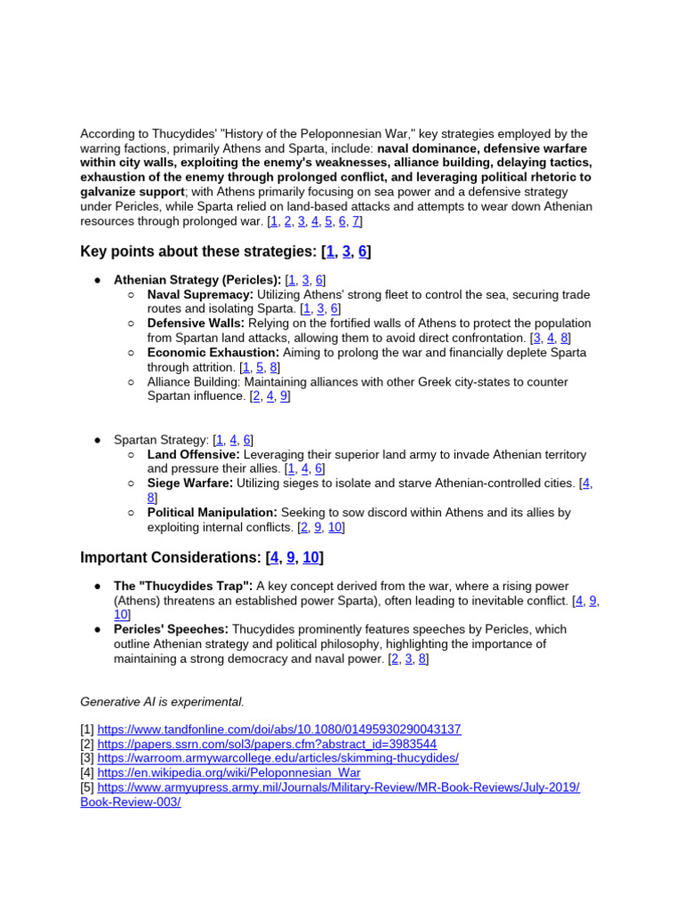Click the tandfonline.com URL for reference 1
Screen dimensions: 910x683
(278, 730)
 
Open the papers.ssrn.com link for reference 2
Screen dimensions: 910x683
(267, 744)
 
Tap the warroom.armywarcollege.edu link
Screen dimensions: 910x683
(277, 758)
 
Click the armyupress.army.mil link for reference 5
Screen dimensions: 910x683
(338, 787)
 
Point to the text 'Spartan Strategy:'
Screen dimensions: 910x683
(162, 440)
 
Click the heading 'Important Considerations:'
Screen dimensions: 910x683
(171, 558)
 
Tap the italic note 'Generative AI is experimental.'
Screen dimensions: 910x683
(162, 702)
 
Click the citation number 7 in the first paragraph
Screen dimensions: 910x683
(355, 221)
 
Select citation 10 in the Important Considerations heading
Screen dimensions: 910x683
(310, 558)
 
